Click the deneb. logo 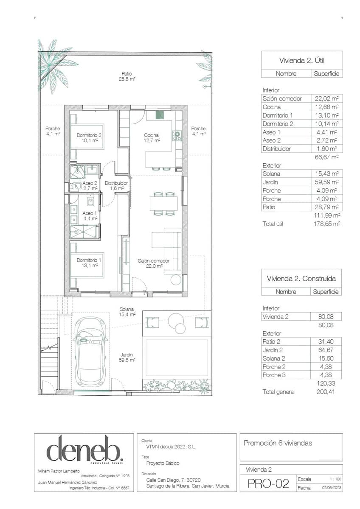point(84,449)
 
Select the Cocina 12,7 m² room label point(151,137)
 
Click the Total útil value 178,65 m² point(325,224)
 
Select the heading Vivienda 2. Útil point(302,60)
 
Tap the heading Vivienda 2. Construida point(301,279)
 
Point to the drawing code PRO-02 point(268,484)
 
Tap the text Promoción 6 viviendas point(278,443)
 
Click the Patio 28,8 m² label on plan point(127,76)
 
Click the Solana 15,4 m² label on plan point(127,312)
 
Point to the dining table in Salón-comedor point(163,204)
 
